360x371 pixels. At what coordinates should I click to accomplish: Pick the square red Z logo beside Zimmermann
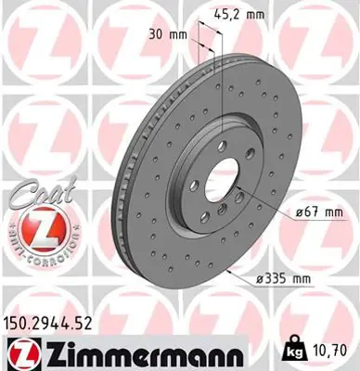pos(20,354)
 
